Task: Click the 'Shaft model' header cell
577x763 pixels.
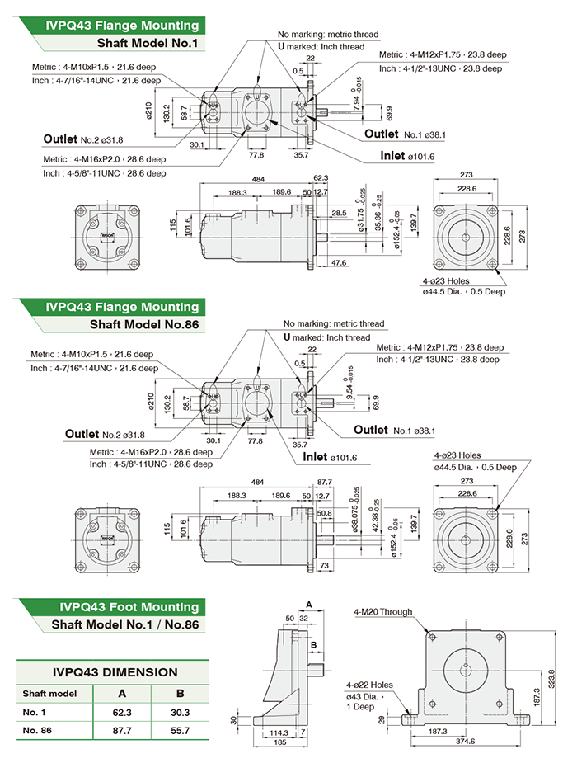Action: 51,693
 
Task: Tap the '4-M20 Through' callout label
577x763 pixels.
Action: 382,611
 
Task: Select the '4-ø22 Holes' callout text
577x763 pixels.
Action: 369,685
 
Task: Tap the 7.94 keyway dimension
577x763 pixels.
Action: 357,101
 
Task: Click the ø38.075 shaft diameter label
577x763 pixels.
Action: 357,520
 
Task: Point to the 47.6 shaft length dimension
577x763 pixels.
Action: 338,262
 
